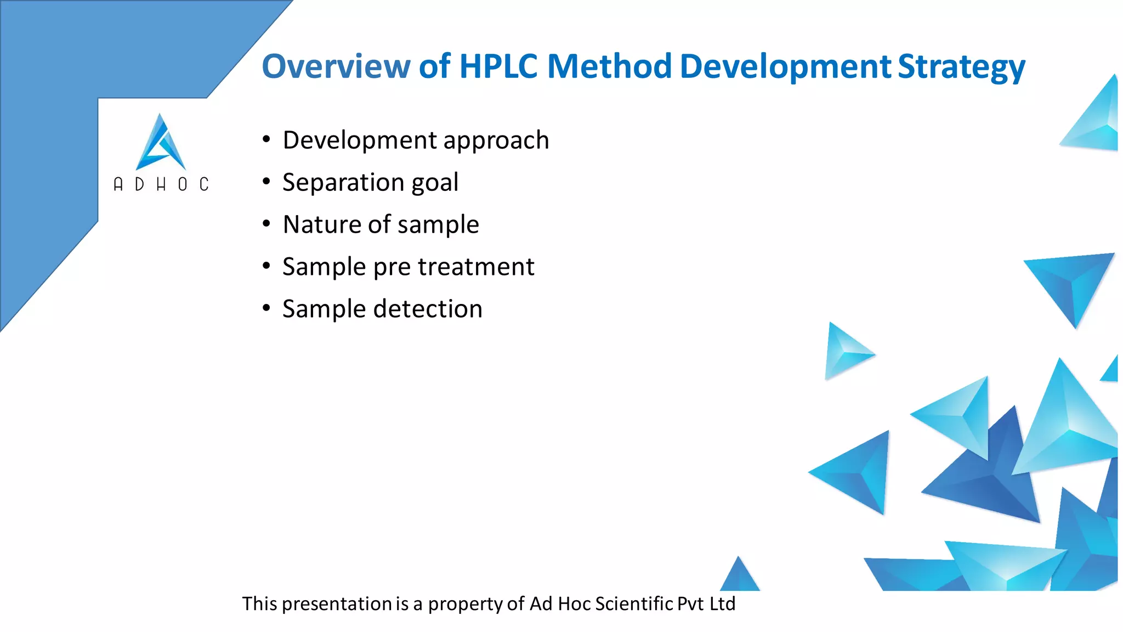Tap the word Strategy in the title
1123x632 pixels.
coord(961,66)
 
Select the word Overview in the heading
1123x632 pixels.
coord(336,66)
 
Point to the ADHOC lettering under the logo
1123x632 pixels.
coord(161,184)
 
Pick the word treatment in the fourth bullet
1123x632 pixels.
coord(475,267)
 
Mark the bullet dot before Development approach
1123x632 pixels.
coord(266,139)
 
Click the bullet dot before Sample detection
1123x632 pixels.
coord(266,308)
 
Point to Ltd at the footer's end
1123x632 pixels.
coord(722,603)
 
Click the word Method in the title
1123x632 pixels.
coord(609,66)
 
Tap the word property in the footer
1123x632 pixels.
coord(465,604)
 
